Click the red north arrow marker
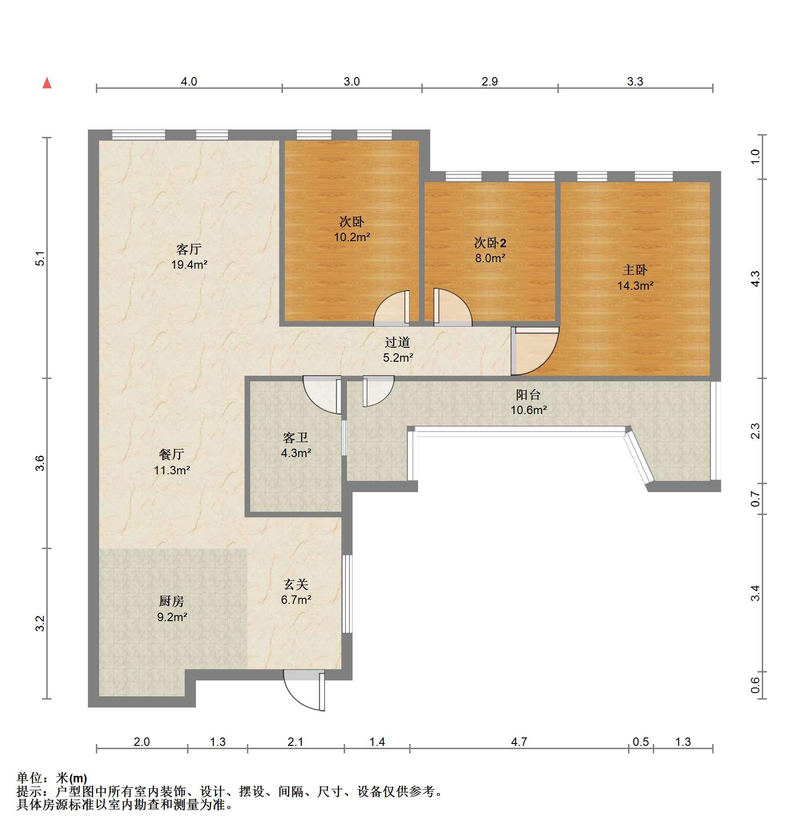pos(47,83)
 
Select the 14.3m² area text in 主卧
pos(635,285)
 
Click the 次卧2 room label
pos(490,243)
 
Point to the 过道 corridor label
pos(397,343)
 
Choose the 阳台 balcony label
pos(528,395)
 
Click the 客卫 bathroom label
pos(296,438)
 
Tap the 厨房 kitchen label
pos(172,601)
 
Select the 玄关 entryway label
pos(296,584)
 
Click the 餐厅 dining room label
pos(172,454)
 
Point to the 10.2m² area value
pos(352,237)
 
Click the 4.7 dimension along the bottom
pos(519,742)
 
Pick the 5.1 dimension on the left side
pos(41,258)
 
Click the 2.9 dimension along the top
pos(490,81)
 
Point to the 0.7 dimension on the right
pos(755,499)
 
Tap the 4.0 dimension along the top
pos(189,81)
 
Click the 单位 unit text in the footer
pos(29,778)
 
